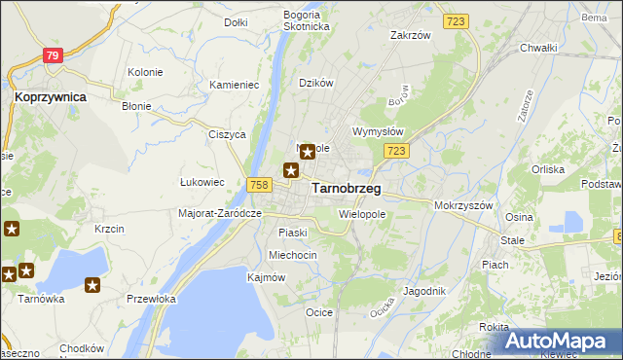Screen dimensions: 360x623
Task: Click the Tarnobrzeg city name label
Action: pos(346,189)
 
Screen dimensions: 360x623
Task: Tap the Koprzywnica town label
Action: pos(51,97)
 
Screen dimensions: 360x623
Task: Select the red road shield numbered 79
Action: pos(54,56)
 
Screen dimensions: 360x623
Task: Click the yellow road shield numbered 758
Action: pos(258,185)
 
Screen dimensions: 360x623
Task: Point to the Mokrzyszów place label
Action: pos(465,206)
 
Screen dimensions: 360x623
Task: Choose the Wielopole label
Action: pos(362,212)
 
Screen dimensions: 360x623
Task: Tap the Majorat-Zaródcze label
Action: pos(221,212)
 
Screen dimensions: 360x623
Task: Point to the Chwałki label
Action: pos(537,47)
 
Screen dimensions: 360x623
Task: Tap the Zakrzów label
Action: pos(410,35)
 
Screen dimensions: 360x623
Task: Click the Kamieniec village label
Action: pos(234,85)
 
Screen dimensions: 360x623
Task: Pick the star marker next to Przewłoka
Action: pos(92,285)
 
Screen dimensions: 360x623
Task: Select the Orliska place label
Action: pos(548,168)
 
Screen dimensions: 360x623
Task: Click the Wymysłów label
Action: pos(377,130)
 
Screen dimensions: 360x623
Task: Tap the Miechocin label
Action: pos(293,255)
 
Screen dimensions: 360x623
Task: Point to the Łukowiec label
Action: pos(202,181)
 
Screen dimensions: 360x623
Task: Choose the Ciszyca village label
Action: pos(226,135)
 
